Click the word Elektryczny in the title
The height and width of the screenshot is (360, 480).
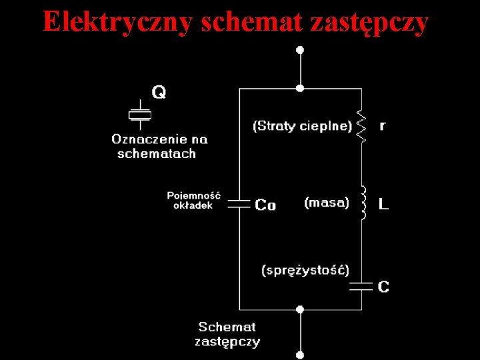click(118, 21)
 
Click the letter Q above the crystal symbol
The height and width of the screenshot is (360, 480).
click(159, 92)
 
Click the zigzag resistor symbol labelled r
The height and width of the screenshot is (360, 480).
click(362, 126)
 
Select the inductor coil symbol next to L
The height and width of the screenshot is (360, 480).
click(363, 203)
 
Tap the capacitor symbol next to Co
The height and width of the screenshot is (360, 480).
click(239, 204)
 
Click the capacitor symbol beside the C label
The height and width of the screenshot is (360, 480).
click(362, 286)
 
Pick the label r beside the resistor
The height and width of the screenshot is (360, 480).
click(382, 125)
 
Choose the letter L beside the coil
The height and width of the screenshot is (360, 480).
click(383, 204)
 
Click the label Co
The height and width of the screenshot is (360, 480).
click(265, 205)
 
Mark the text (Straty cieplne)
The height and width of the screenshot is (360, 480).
click(302, 125)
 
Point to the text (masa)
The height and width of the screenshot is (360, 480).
click(326, 202)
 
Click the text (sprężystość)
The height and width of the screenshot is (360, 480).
click(305, 270)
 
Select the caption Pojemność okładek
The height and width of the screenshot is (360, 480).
click(193, 200)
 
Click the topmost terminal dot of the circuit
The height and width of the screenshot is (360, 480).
click(300, 50)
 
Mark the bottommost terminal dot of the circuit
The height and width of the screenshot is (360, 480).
click(300, 355)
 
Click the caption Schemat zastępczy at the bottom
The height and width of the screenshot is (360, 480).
click(227, 334)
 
